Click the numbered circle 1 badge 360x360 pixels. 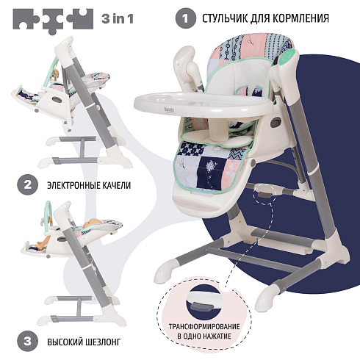pos(186,18)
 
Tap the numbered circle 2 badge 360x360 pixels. pos(27,185)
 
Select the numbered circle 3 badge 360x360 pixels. pos(27,341)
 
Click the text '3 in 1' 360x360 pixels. pos(118,19)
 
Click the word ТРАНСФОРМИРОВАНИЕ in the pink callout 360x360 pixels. pos(204,327)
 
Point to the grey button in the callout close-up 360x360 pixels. pos(202,306)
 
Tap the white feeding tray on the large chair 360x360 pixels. pos(204,103)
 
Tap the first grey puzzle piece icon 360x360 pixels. pos(26,19)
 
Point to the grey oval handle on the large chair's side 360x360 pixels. pos(276,122)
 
